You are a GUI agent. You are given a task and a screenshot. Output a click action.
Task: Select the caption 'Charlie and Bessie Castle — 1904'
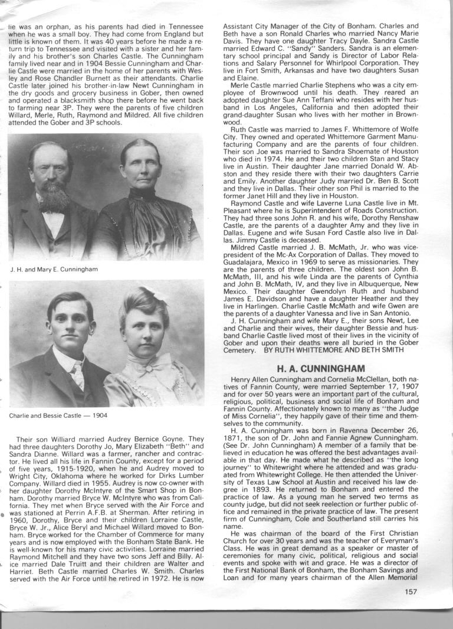click(x=58, y=415)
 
